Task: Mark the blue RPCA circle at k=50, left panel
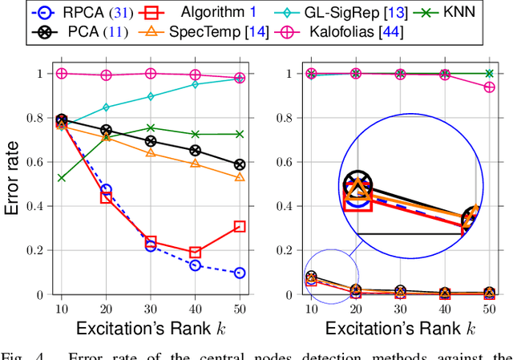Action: click(x=239, y=273)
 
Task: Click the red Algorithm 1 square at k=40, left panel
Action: click(x=195, y=253)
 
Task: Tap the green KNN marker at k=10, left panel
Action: click(x=62, y=177)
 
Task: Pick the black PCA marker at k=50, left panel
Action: click(x=239, y=164)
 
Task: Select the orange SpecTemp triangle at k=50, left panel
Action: click(x=239, y=177)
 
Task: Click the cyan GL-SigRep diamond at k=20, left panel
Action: click(x=106, y=107)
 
